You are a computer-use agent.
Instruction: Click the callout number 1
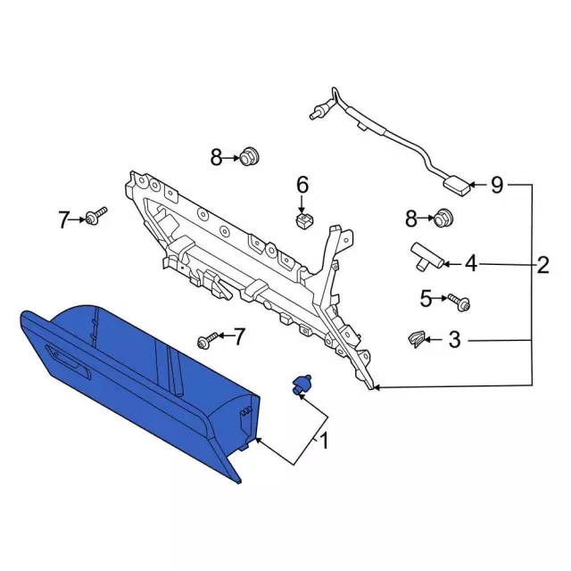click(323, 441)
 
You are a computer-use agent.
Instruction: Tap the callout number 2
click(542, 265)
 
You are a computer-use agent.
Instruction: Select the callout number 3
click(454, 340)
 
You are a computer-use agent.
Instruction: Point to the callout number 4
click(471, 263)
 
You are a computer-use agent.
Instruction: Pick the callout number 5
click(426, 299)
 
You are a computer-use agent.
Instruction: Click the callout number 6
click(302, 185)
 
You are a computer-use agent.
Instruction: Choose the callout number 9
click(497, 186)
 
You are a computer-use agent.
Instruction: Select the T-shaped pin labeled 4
click(426, 257)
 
